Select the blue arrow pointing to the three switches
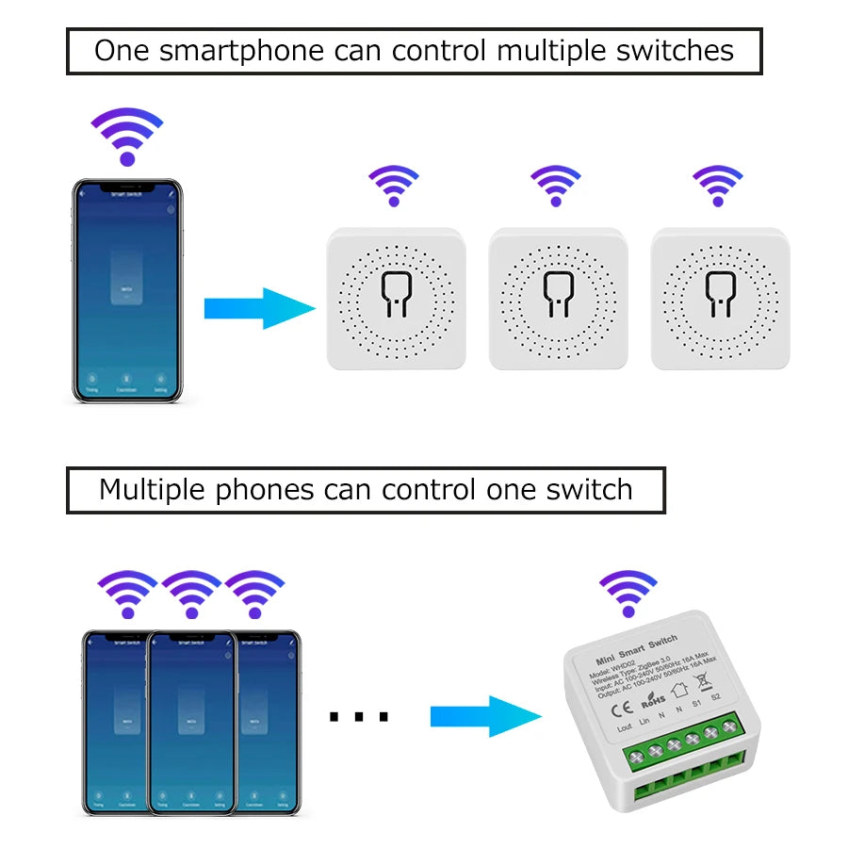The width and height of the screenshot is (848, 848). coord(259,308)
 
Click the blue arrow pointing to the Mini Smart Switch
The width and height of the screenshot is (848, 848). coord(485,717)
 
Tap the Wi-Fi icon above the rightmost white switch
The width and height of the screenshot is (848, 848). coord(718,185)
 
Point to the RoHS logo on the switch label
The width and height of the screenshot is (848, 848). coord(652,702)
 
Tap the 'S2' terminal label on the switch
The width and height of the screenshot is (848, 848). coord(716,696)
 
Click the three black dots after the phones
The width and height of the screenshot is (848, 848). coord(359,718)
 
